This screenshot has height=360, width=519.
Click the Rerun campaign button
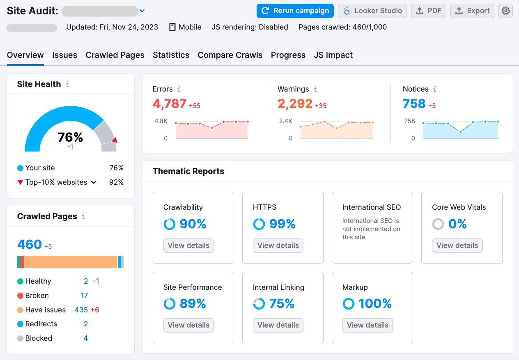tap(295, 11)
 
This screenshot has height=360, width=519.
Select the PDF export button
tap(428, 11)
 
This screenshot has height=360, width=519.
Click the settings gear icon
tap(505, 11)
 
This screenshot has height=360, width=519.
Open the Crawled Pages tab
tap(115, 55)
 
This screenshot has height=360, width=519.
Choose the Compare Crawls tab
tap(230, 55)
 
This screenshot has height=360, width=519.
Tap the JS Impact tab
tap(333, 55)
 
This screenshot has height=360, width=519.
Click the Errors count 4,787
tap(170, 103)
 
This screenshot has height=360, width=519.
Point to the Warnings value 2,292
tap(295, 103)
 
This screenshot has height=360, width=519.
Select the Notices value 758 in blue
tap(414, 103)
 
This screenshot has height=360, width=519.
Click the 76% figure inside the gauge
tap(70, 138)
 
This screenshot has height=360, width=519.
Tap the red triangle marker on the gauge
tap(115, 140)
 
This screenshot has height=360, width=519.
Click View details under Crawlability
tap(188, 245)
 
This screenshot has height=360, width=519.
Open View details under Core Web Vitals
tap(457, 245)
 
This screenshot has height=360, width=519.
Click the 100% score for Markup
tap(375, 304)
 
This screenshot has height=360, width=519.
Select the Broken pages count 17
tap(84, 296)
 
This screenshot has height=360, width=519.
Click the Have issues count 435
tap(81, 310)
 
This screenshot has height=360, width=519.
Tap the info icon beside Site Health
tap(67, 84)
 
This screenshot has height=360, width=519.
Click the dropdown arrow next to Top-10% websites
tap(94, 182)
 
